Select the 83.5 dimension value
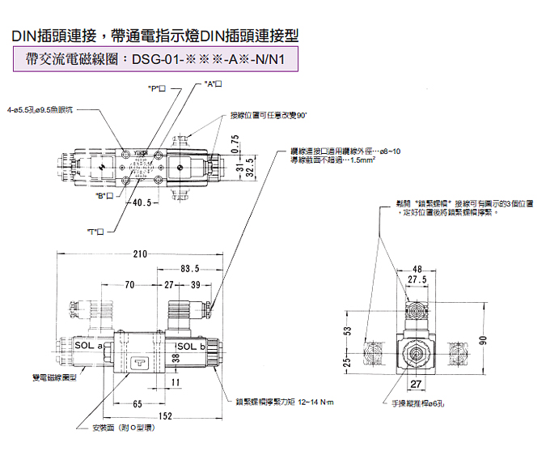[190, 268]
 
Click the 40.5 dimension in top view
[143, 202]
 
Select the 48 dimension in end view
[418, 269]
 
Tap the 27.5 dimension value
[417, 279]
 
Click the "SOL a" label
[90, 346]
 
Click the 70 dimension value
[129, 284]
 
